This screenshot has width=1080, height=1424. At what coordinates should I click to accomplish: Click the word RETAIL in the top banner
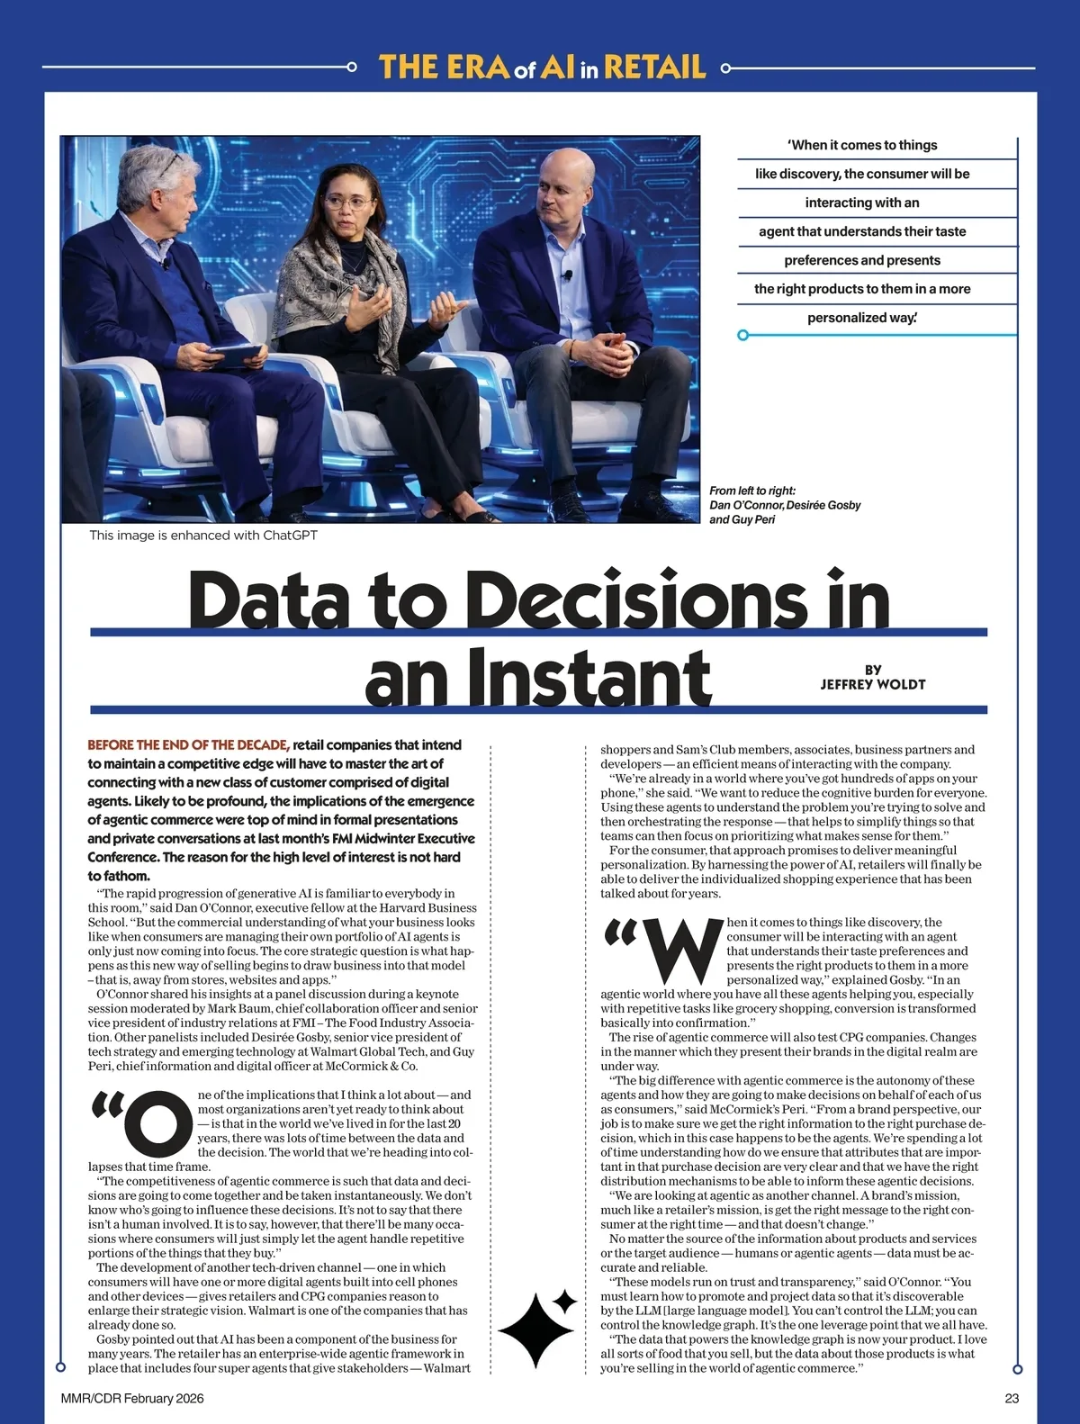click(x=654, y=68)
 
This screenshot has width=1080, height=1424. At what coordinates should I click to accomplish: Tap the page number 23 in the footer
click(x=1012, y=1398)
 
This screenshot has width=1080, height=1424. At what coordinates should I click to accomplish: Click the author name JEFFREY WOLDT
click(x=872, y=684)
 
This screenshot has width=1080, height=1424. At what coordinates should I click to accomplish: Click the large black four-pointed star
click(x=537, y=1328)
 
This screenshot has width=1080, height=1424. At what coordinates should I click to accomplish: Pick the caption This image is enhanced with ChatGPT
click(x=203, y=535)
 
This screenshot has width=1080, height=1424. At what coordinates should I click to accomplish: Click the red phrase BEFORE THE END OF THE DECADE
click(x=188, y=744)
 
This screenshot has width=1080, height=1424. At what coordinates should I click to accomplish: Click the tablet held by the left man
click(x=236, y=356)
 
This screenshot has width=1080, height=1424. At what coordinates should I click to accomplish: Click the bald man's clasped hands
click(x=604, y=351)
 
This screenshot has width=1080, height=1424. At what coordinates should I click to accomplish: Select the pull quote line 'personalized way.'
click(x=861, y=318)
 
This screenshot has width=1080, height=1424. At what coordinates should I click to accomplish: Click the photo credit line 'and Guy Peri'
click(x=742, y=519)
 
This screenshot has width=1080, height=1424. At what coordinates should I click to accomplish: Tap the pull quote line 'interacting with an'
click(x=861, y=203)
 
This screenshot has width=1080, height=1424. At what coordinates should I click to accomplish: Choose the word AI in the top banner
click(x=557, y=68)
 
